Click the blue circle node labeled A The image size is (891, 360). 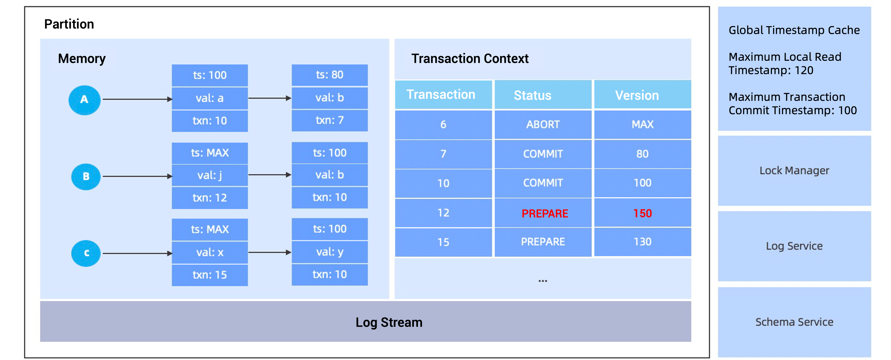click(84, 100)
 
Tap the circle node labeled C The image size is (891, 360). click(86, 253)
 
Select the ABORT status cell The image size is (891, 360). click(543, 125)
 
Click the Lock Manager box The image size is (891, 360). click(794, 170)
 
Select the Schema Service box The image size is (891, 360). click(794, 322)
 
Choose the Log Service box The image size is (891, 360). click(794, 246)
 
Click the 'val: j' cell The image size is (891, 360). click(210, 175)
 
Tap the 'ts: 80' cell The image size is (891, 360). click(329, 75)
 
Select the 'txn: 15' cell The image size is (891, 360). click(210, 275)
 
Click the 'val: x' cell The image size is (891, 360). click(210, 252)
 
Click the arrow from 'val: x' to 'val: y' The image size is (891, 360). click(270, 252)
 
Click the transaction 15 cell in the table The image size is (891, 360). click(443, 242)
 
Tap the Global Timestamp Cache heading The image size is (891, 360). click(794, 30)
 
